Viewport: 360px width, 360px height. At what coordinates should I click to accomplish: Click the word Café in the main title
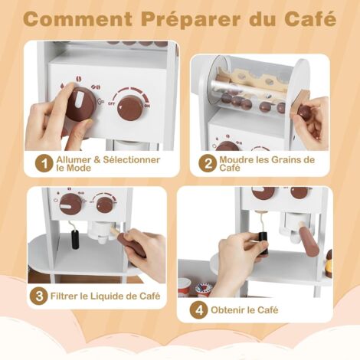point(310,18)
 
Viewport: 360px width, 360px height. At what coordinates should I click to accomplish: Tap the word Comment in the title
point(78,19)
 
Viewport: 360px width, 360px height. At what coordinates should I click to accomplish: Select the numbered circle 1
point(44,164)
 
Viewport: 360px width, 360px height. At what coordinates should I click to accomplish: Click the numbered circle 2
point(208,164)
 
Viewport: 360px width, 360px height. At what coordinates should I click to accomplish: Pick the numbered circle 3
point(38,296)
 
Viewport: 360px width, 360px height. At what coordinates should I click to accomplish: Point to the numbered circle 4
point(199,310)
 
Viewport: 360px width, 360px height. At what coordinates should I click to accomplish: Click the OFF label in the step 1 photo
point(111,103)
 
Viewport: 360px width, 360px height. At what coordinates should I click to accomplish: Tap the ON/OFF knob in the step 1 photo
point(130,107)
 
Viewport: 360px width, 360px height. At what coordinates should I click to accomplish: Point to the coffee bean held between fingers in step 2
point(304,111)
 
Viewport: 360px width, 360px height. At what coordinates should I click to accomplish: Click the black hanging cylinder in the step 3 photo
point(75,239)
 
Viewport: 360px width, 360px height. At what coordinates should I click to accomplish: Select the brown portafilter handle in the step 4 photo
point(309,237)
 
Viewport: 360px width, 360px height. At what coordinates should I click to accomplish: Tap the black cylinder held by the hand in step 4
point(264,244)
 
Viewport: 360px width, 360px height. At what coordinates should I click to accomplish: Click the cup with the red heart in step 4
point(204,289)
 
